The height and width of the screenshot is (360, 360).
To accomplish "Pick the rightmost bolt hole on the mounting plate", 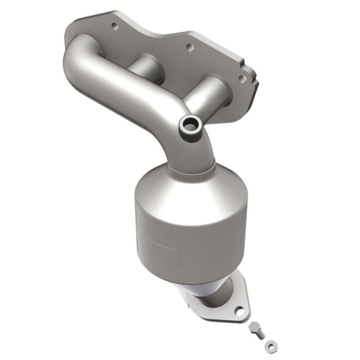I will coord(240,78).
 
